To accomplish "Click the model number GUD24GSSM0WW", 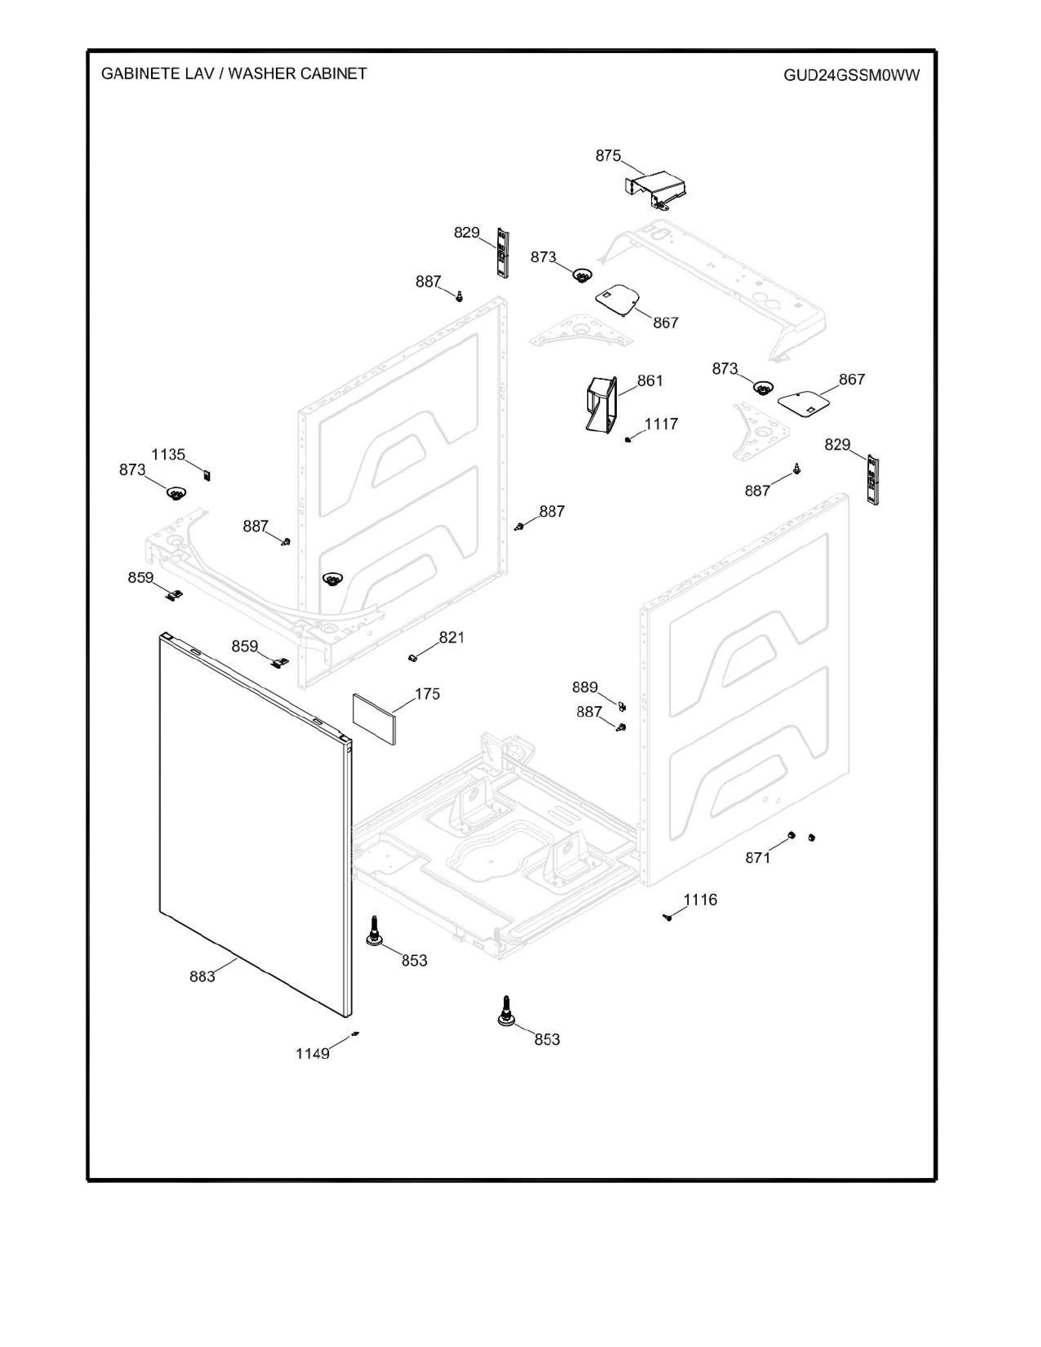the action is tap(851, 75).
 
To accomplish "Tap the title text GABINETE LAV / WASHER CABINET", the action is tap(234, 74).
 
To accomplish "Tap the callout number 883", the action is tap(202, 976).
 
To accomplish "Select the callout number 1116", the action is tap(700, 900).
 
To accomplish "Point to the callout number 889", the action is tap(585, 687).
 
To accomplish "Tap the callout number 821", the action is tap(452, 637).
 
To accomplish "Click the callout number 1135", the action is tap(168, 455).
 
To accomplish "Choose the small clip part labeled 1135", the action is tap(207, 475).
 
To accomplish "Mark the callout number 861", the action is tap(650, 381).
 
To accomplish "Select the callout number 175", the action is tap(427, 694).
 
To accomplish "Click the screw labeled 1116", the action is tap(667, 917).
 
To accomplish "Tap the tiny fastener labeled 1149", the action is tap(355, 1034).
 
